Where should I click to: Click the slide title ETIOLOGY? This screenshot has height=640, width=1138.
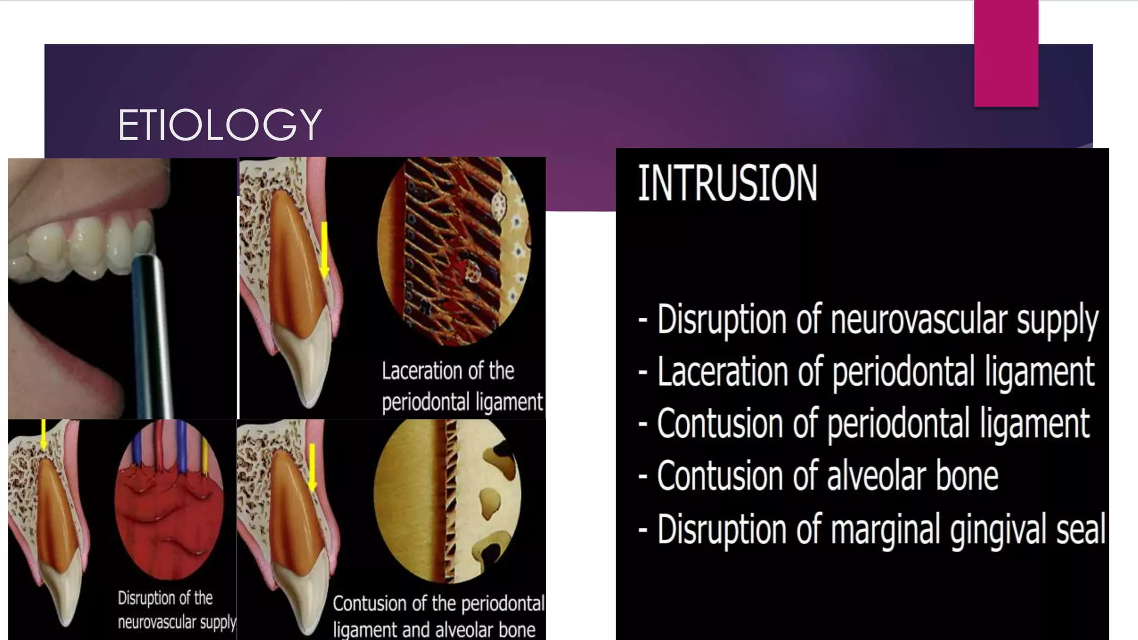pos(219,125)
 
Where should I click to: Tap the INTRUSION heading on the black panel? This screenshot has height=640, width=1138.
pos(727,183)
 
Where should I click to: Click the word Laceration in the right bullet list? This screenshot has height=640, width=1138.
pos(722,372)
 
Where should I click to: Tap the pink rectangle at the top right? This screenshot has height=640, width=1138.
pos(1006,53)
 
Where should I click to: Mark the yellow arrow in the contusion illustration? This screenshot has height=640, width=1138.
pos(312,467)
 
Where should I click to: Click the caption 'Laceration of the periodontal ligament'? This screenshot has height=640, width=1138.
pos(461,386)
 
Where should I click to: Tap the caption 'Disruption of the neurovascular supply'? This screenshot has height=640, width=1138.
pos(177,610)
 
